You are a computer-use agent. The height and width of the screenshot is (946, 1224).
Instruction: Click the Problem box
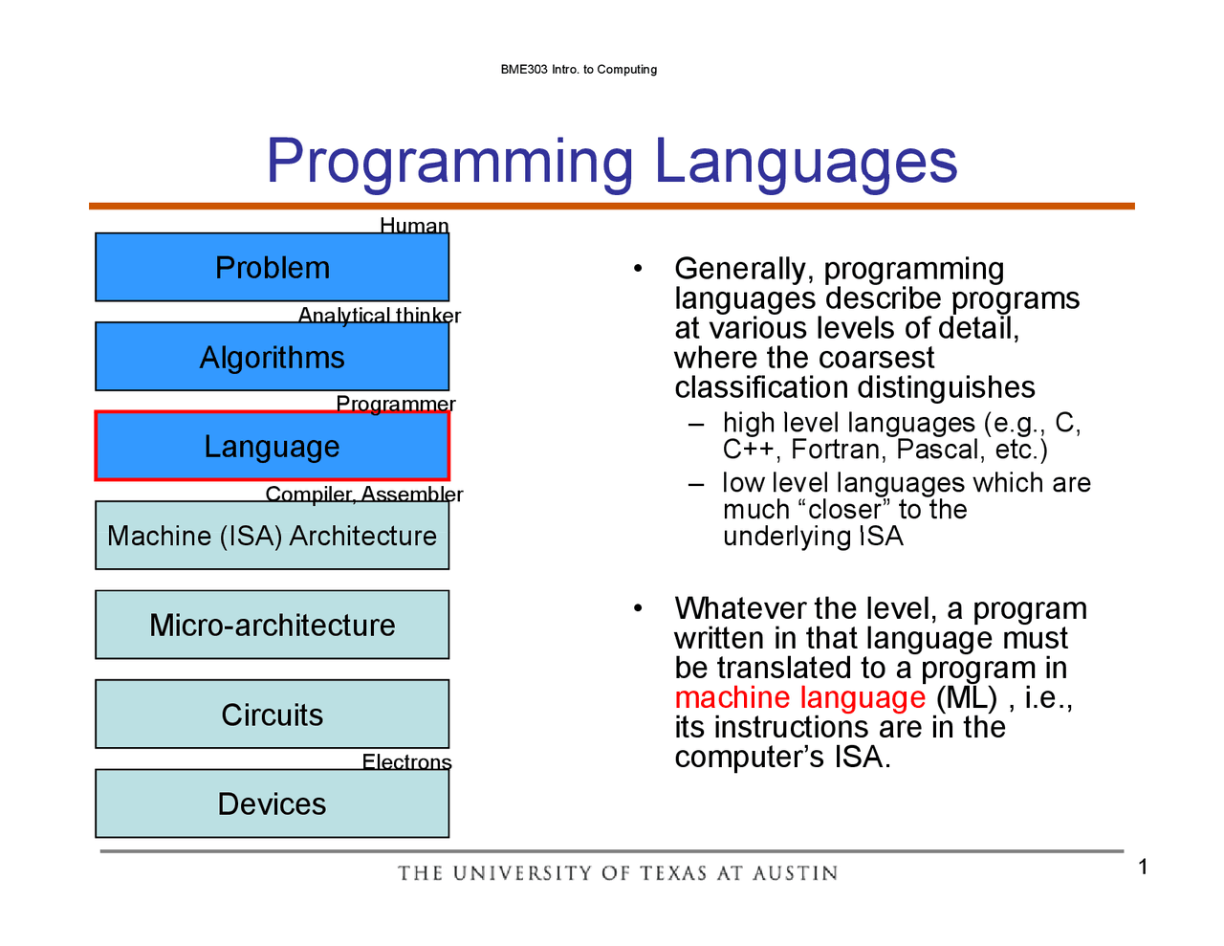pos(273,267)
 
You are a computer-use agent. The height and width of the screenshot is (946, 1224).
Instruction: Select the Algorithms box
pos(273,356)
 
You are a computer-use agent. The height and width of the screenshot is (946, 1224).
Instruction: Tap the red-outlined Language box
pos(273,446)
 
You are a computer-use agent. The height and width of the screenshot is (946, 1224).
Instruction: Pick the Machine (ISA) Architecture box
pos(273,536)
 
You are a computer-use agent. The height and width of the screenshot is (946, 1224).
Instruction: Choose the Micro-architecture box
pos(273,625)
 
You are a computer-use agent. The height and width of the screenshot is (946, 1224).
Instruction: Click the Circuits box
pos(273,714)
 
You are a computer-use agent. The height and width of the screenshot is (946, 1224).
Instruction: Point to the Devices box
pos(273,803)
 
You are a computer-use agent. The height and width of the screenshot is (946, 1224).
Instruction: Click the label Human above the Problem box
pos(414,226)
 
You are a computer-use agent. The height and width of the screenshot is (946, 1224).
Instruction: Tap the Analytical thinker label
pos(379,315)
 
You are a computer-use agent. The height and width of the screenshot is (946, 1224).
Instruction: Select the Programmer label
pos(396,404)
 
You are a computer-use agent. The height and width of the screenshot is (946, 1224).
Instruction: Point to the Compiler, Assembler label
pos(364,495)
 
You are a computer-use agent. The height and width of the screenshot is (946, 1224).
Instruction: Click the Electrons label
pos(406,761)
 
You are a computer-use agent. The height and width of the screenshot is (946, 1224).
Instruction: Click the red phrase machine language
pos(799,697)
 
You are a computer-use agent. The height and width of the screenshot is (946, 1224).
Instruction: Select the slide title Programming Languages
pos(612,162)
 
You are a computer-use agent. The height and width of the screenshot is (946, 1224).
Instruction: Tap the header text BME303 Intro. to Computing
pos(579,69)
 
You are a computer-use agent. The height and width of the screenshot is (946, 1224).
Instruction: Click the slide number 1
pos(1143,867)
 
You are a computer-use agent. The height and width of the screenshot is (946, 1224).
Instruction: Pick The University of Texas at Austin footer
pos(618,873)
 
